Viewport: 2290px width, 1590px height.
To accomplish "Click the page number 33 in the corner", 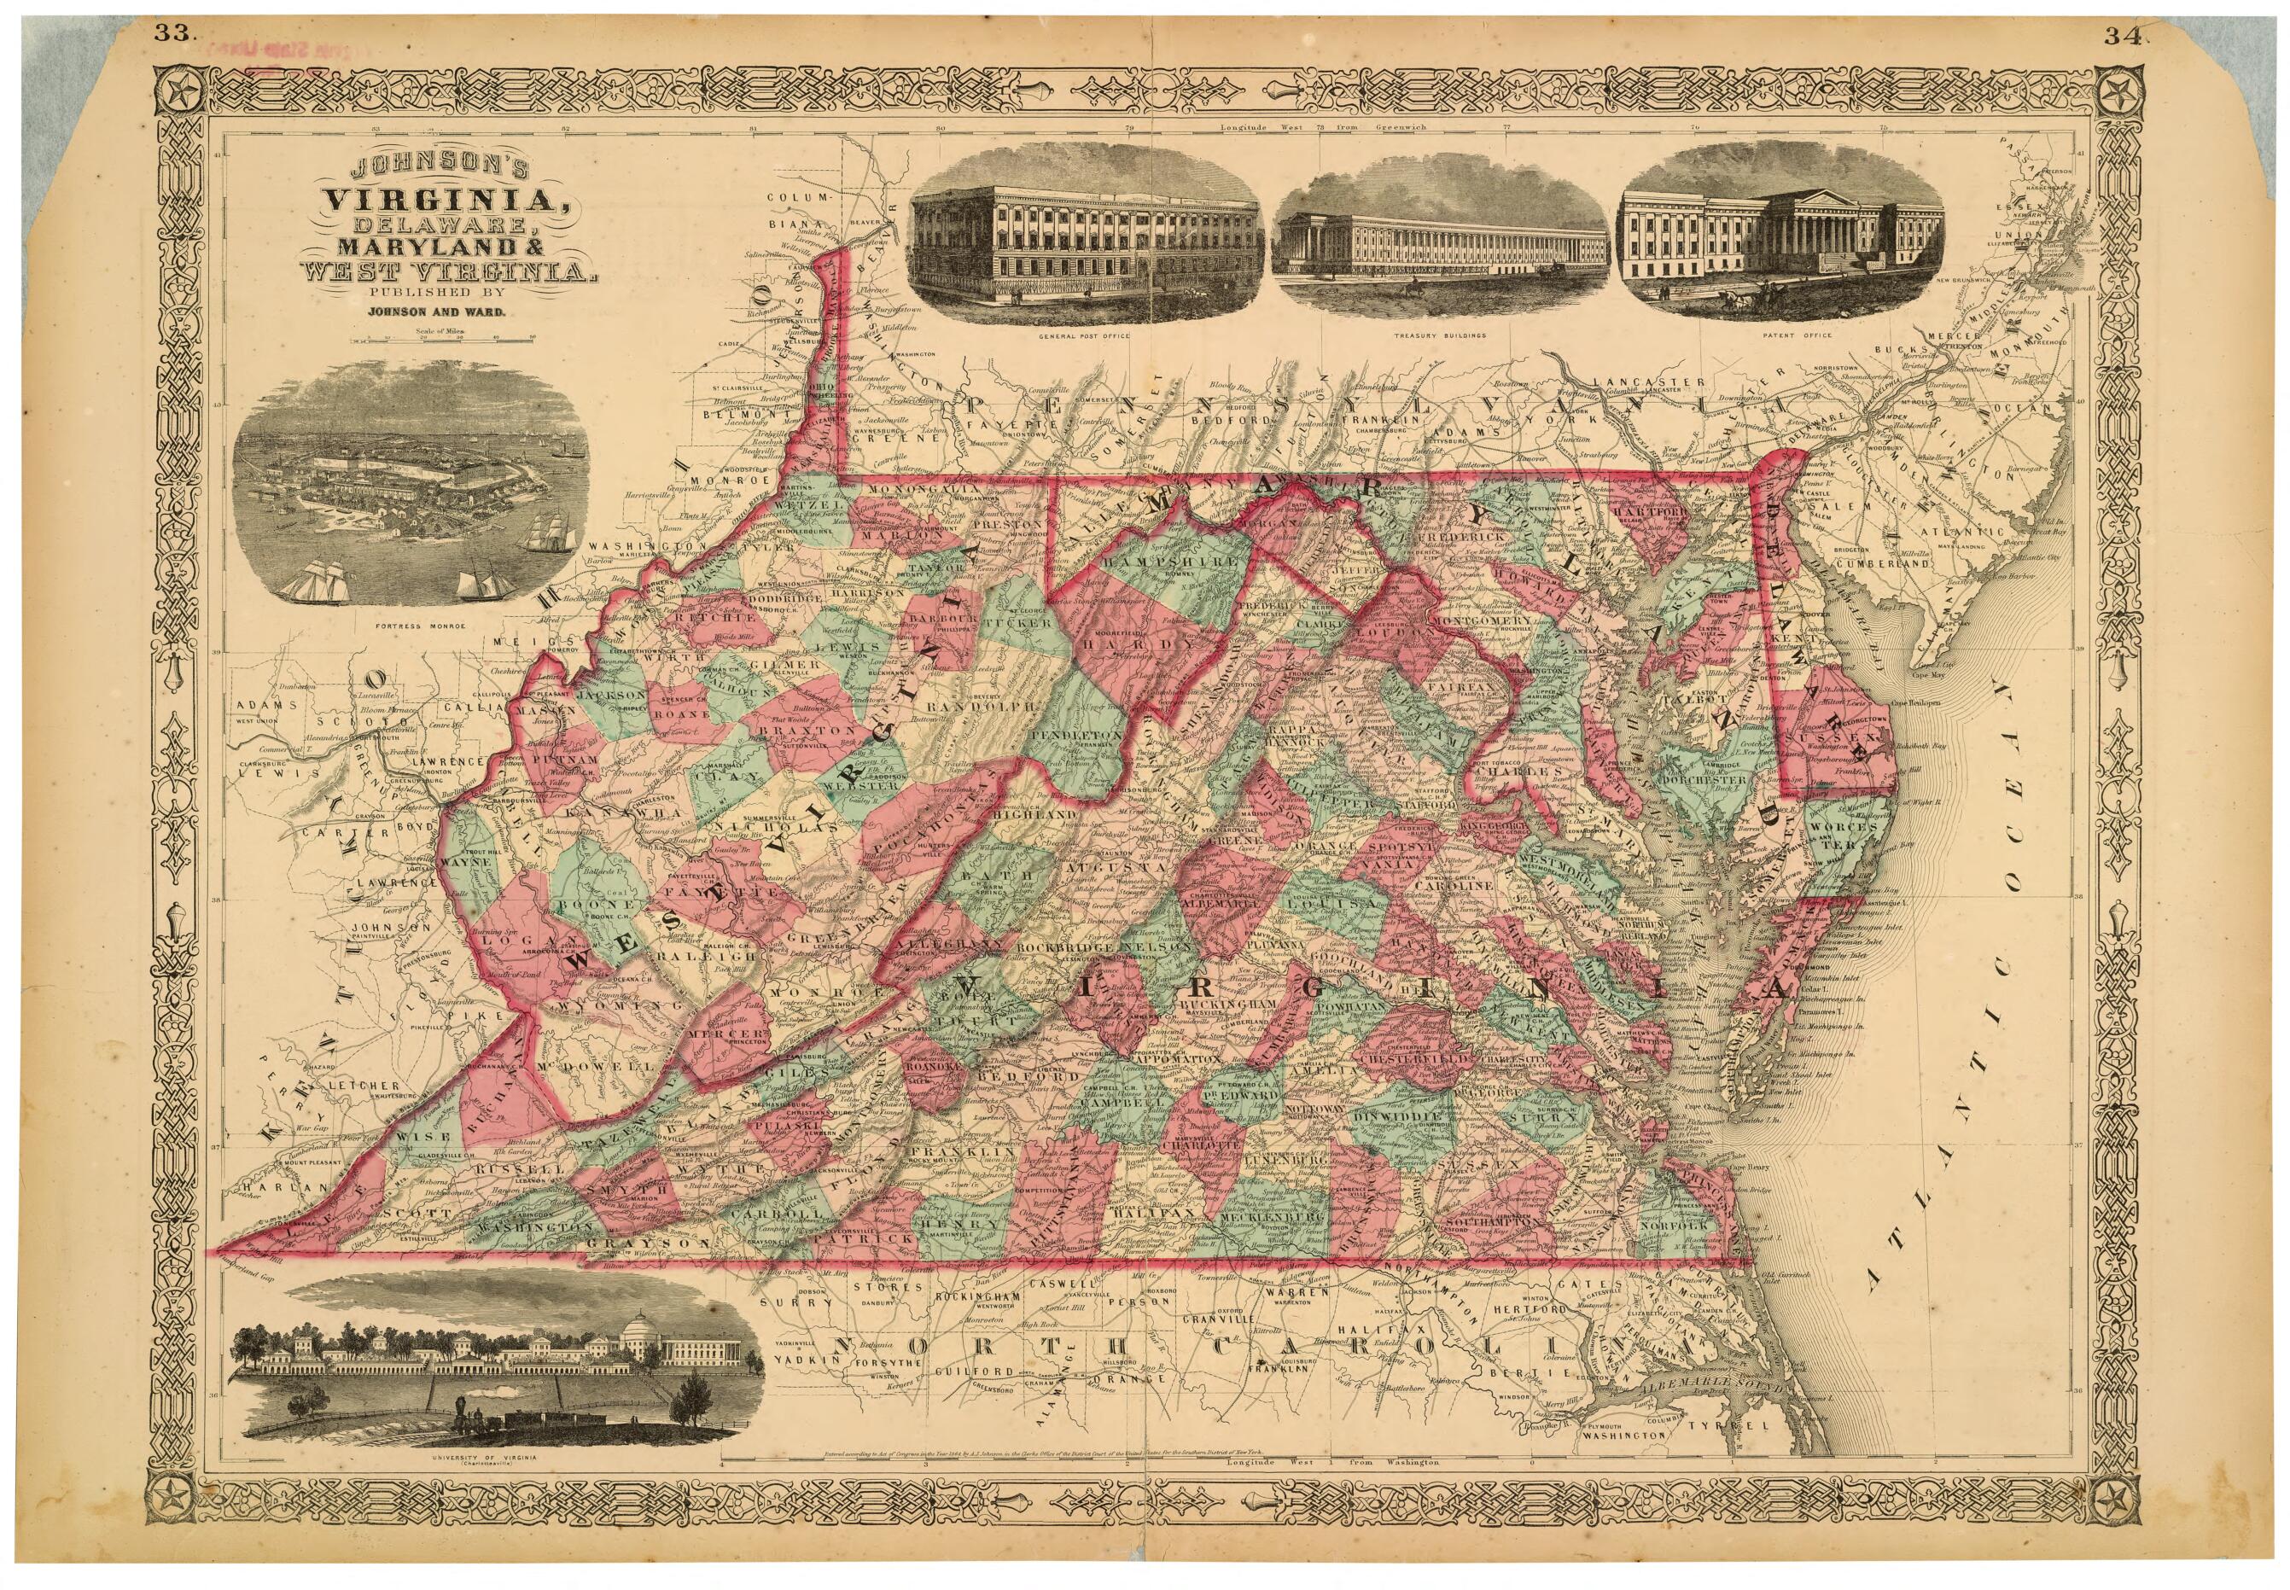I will pyautogui.click(x=172, y=32).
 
